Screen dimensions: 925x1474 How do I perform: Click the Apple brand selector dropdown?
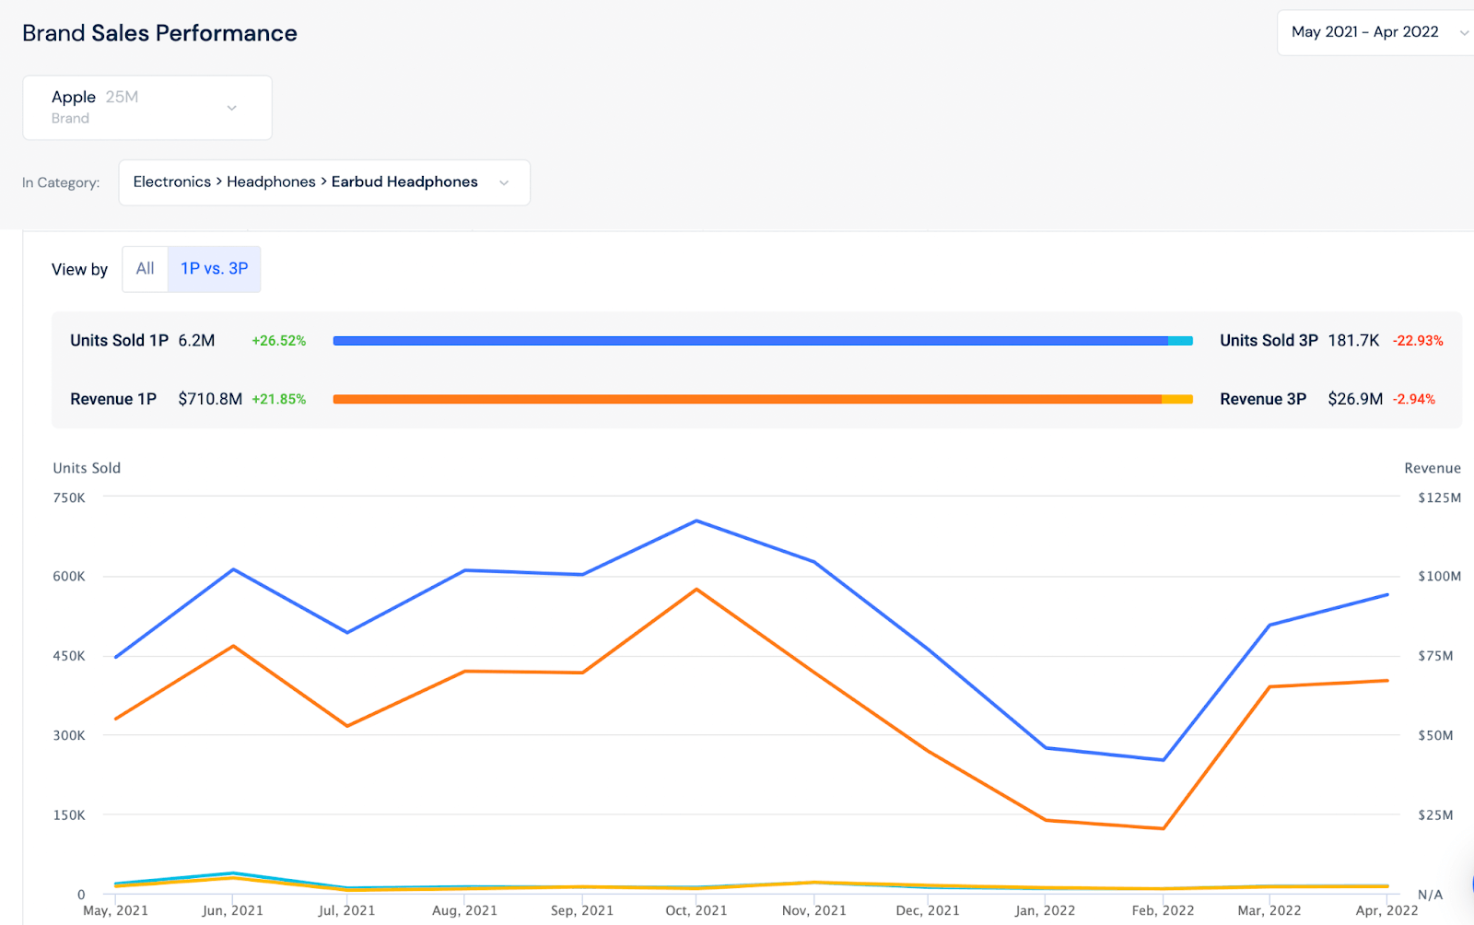[x=146, y=108]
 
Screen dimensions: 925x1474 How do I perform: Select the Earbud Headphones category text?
[x=404, y=181]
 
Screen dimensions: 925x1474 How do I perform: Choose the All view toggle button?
[x=145, y=269]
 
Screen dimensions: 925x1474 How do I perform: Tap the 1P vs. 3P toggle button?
[x=214, y=269]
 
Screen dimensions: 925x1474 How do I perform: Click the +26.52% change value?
[x=278, y=341]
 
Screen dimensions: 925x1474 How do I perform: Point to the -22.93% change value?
[x=1417, y=341]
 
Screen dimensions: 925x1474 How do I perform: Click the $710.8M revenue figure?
[x=210, y=399]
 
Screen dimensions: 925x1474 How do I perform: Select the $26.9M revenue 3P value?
[x=1354, y=399]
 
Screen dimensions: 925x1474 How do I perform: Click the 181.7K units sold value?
[x=1352, y=341]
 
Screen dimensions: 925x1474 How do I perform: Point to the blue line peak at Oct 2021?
[x=696, y=521]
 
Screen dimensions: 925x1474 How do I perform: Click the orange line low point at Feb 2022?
[x=1164, y=828]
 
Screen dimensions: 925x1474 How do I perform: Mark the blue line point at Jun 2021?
[x=234, y=569]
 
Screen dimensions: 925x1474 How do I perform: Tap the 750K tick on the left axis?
[x=69, y=498]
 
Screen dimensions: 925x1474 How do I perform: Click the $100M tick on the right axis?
[x=1439, y=577]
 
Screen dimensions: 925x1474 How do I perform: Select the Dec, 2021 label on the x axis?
[x=928, y=910]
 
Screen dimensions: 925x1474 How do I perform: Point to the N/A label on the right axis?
[x=1430, y=895]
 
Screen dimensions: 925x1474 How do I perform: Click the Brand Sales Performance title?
[x=159, y=33]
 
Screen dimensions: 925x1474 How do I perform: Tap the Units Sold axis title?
[x=87, y=468]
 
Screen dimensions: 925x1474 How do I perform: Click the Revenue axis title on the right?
[x=1432, y=468]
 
